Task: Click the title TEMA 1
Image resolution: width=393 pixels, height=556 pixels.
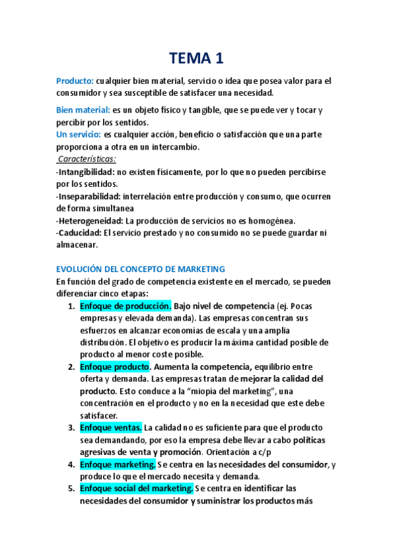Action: click(x=196, y=58)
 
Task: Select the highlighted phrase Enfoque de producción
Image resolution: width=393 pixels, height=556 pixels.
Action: click(x=125, y=306)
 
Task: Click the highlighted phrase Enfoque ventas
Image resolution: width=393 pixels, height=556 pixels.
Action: click(x=110, y=427)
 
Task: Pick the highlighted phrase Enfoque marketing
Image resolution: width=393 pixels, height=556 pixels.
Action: click(x=117, y=464)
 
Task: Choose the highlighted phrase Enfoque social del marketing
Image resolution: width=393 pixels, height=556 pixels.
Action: click(x=136, y=488)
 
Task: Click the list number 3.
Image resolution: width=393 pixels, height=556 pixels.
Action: click(x=72, y=427)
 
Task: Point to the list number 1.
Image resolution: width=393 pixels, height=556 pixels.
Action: click(x=72, y=306)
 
